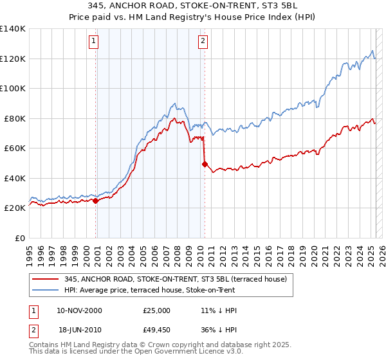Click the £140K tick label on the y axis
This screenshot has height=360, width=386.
pos(13,29)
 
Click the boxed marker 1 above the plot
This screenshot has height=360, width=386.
pos(94,42)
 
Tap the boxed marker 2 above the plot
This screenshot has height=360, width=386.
pos(203,42)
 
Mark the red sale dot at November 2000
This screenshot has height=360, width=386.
pos(96,201)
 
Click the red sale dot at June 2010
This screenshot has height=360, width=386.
pos(205,164)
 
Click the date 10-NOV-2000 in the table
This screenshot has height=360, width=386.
pos(79,310)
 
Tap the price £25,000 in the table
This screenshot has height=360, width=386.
pos(158,310)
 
